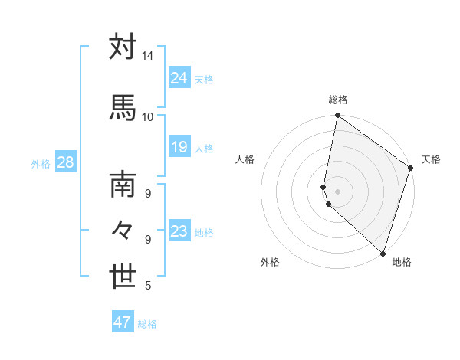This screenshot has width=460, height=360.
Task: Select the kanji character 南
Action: (x=123, y=185)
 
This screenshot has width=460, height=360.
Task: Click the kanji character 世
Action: (x=123, y=277)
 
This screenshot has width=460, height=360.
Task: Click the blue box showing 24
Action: (x=179, y=77)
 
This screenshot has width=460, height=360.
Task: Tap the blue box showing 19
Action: (x=179, y=147)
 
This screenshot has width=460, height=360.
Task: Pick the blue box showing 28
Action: (x=64, y=162)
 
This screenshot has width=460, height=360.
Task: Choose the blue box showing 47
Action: (x=123, y=322)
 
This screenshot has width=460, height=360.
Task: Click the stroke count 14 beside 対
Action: (x=147, y=57)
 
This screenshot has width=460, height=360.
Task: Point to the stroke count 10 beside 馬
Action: (x=147, y=116)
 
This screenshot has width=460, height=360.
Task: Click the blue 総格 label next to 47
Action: (x=147, y=324)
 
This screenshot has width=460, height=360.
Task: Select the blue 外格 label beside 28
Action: (x=41, y=163)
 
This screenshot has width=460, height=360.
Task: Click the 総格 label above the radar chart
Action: (x=338, y=100)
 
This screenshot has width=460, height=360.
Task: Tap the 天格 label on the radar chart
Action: (x=431, y=159)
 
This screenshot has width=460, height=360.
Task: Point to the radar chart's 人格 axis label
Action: (x=245, y=159)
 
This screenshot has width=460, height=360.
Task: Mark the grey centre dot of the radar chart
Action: (x=337, y=191)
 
